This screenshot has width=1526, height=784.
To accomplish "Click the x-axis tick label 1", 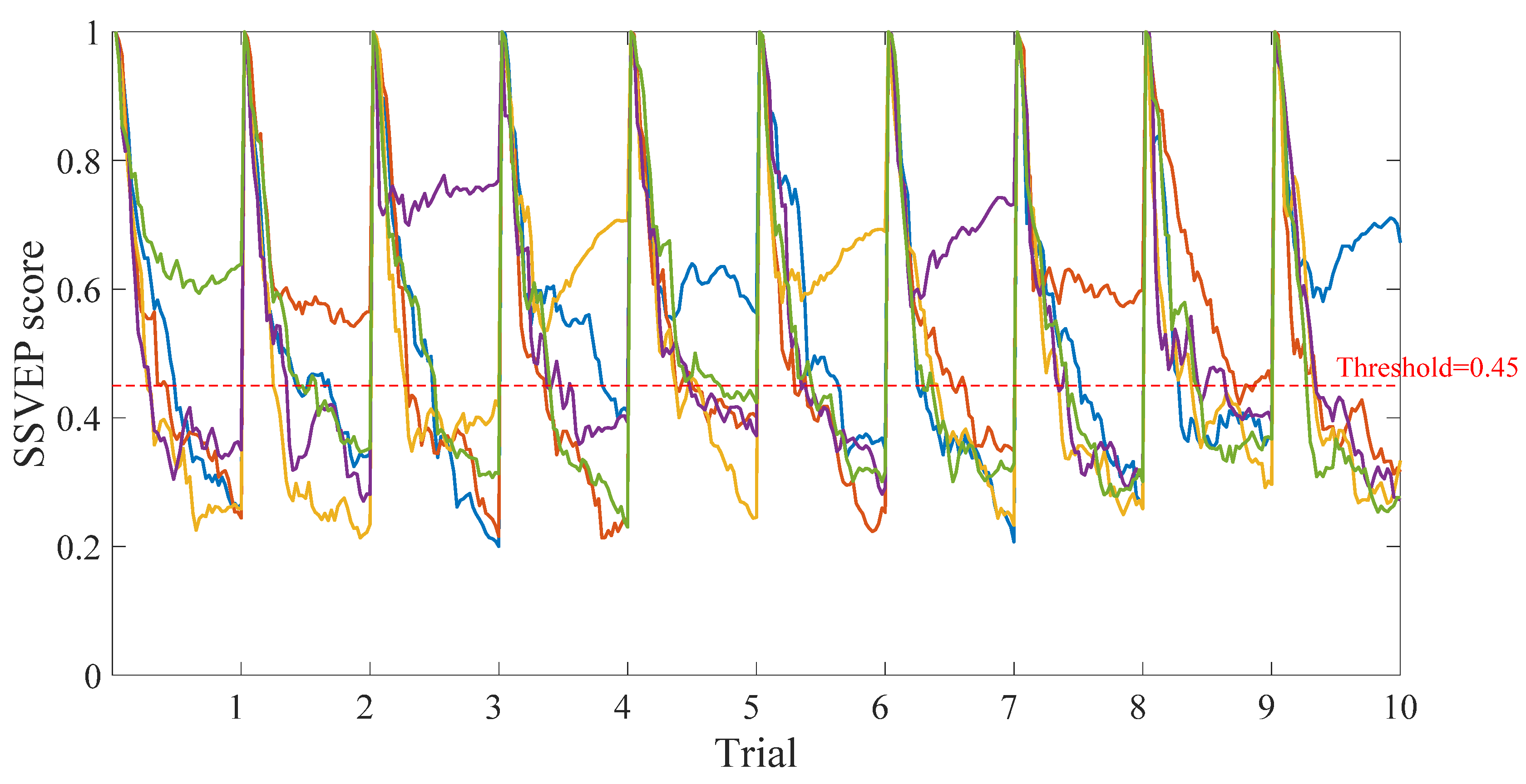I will (236, 708).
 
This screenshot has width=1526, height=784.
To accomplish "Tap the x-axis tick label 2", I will (364, 708).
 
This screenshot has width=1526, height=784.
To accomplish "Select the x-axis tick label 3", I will (494, 708).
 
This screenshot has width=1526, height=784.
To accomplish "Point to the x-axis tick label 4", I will (622, 708).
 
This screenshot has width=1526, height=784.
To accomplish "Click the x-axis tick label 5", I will (751, 708).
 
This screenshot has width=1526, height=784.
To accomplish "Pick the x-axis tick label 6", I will (880, 708).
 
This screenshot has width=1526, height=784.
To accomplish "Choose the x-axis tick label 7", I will (1009, 708).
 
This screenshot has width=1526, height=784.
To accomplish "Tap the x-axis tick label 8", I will (1137, 708).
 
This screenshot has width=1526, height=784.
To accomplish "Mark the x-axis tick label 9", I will (1267, 708).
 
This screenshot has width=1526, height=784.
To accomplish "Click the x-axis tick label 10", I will (1400, 708).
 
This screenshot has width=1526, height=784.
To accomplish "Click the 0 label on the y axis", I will (93, 676).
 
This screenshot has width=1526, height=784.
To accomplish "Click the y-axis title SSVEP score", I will (30, 353).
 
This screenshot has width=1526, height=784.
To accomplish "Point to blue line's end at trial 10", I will (1400, 241).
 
